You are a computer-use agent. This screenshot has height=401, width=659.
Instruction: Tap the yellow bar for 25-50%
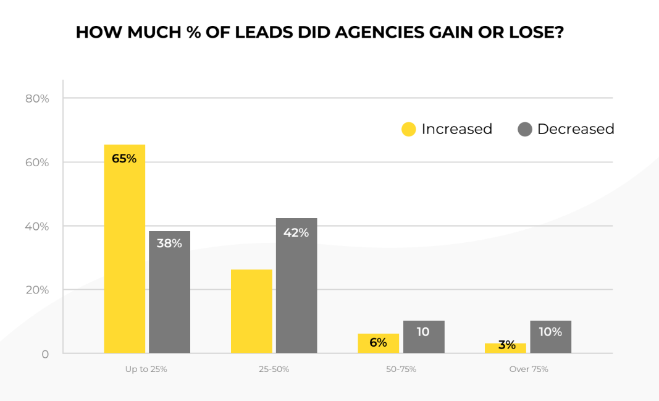(251, 311)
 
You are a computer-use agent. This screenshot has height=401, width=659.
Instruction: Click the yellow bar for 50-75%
(378, 344)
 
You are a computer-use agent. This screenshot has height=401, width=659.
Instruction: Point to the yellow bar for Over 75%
(505, 348)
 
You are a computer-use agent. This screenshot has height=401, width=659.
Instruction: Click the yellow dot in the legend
(408, 129)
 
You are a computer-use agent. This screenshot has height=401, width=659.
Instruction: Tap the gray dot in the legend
(524, 129)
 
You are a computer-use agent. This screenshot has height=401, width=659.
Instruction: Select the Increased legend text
(456, 129)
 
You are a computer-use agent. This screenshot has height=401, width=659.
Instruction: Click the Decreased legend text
(576, 129)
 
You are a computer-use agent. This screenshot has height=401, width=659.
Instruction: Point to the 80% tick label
(37, 98)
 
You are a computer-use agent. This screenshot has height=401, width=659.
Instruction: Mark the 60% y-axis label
(37, 163)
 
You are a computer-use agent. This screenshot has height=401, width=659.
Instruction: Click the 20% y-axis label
(37, 290)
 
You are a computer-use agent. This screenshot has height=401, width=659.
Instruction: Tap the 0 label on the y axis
(45, 355)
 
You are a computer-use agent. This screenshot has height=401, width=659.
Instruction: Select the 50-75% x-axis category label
(400, 369)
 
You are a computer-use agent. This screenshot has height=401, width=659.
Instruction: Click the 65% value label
(124, 159)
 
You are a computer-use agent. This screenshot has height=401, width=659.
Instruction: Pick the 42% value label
(296, 233)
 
